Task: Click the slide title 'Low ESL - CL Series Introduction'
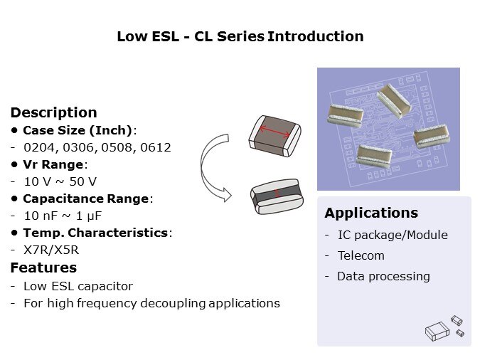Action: [240, 36]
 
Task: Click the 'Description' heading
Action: [53, 112]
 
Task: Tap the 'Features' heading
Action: [43, 268]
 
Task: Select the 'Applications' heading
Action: [370, 213]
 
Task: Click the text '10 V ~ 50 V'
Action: [60, 181]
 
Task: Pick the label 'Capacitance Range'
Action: [87, 198]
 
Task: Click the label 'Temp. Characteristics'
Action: [96, 233]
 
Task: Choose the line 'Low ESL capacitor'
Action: [78, 286]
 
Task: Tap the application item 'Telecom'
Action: [361, 255]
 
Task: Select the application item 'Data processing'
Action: [383, 276]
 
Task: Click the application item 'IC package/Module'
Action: [392, 235]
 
